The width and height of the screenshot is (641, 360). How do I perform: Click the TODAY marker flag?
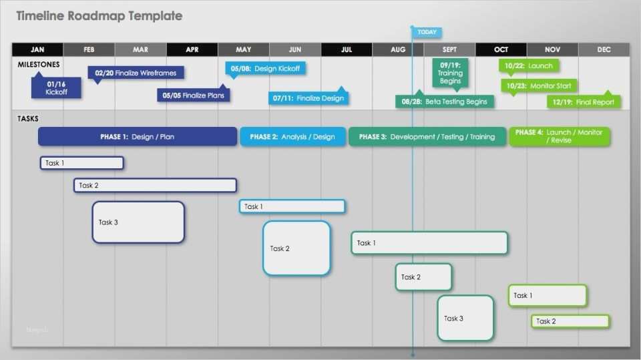tap(427, 32)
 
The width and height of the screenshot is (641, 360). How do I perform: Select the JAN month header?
tap(37, 49)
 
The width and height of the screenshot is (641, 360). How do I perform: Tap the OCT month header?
tap(501, 49)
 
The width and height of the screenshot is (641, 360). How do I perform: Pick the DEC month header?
tap(604, 49)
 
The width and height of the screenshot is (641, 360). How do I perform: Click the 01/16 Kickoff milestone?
tap(57, 88)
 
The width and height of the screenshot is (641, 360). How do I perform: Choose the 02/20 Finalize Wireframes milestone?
tap(136, 73)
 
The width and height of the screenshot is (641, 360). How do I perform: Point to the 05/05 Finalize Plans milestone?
tap(194, 96)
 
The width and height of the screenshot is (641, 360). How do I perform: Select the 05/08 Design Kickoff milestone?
tap(265, 68)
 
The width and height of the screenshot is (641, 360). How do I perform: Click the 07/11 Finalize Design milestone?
tap(308, 98)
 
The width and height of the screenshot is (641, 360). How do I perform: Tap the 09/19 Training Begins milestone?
tap(450, 73)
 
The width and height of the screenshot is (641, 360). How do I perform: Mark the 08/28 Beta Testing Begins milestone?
tap(444, 102)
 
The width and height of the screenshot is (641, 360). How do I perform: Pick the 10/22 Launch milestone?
tap(529, 66)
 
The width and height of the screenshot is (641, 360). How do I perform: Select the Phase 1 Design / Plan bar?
tap(138, 137)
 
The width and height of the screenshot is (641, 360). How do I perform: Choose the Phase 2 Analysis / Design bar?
tap(292, 137)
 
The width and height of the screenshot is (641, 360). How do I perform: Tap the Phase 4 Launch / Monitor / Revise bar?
tap(559, 136)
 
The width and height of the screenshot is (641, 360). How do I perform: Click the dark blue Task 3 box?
tap(138, 222)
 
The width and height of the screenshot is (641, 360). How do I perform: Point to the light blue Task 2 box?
tap(296, 248)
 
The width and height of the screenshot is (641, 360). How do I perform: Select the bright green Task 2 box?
tap(570, 321)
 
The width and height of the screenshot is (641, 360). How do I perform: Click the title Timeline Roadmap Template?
tap(99, 16)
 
